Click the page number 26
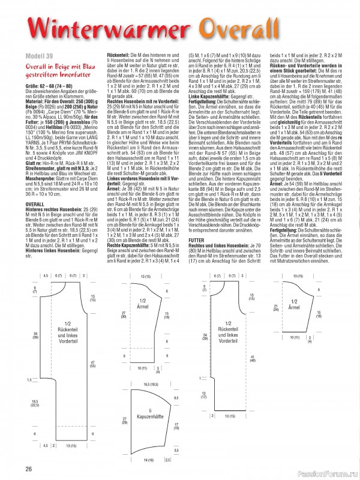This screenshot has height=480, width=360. click(x=28, y=469)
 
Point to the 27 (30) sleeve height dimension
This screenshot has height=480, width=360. click(x=123, y=313)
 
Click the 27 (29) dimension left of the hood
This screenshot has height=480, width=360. click(x=125, y=420)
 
